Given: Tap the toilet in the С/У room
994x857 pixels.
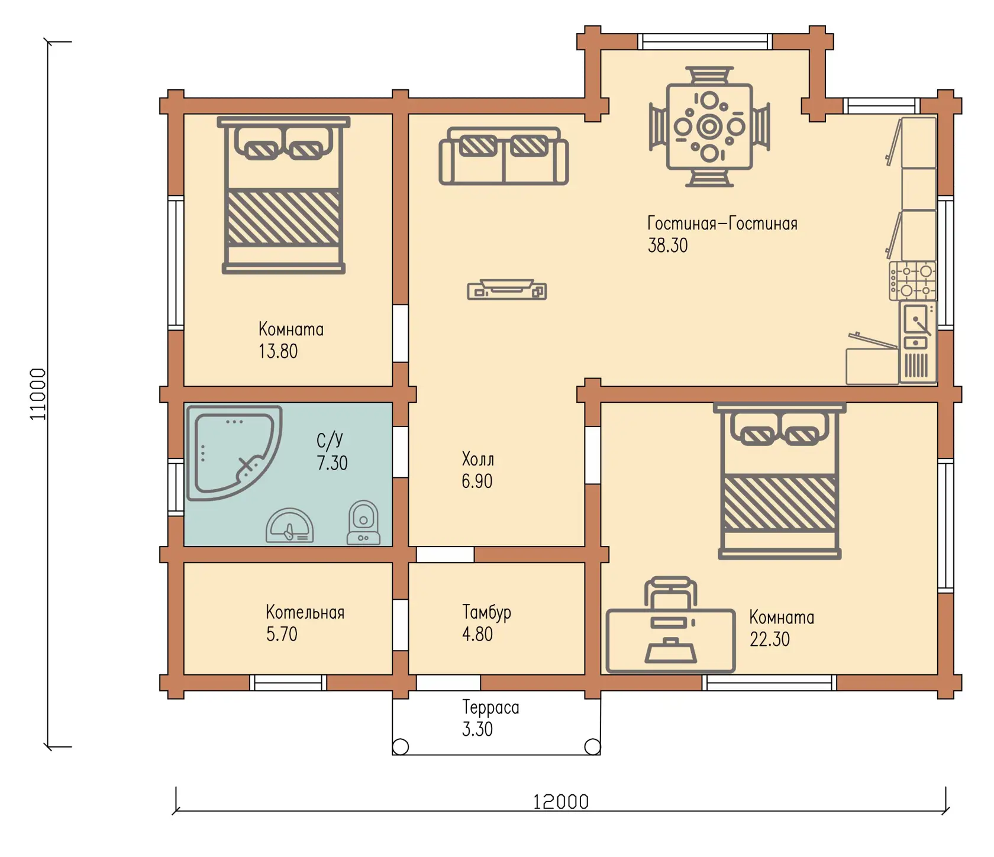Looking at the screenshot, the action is (x=363, y=522).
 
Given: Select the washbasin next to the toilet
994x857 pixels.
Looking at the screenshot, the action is (x=290, y=526).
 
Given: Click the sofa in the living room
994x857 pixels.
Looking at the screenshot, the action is (x=504, y=156).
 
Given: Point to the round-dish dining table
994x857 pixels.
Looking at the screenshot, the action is (x=709, y=127).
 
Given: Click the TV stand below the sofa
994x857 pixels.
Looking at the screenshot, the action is (x=507, y=290).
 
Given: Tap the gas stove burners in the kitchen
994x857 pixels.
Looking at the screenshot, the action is (x=912, y=280).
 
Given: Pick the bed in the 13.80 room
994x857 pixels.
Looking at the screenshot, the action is (x=283, y=195).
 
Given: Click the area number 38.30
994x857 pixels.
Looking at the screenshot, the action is (x=667, y=245).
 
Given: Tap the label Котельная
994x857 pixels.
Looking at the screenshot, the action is (x=305, y=612).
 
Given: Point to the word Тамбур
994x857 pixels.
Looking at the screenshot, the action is (x=486, y=612).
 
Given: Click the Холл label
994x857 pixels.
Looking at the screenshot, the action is (x=477, y=459).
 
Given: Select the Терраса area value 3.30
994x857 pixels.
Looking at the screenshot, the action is (x=477, y=729).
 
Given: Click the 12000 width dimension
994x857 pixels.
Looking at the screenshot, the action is (x=561, y=802).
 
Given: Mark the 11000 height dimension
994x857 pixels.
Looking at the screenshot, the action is (x=38, y=394).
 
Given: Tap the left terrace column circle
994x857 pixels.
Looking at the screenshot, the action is (x=401, y=747).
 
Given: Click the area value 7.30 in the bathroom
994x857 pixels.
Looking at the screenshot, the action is (x=332, y=463).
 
